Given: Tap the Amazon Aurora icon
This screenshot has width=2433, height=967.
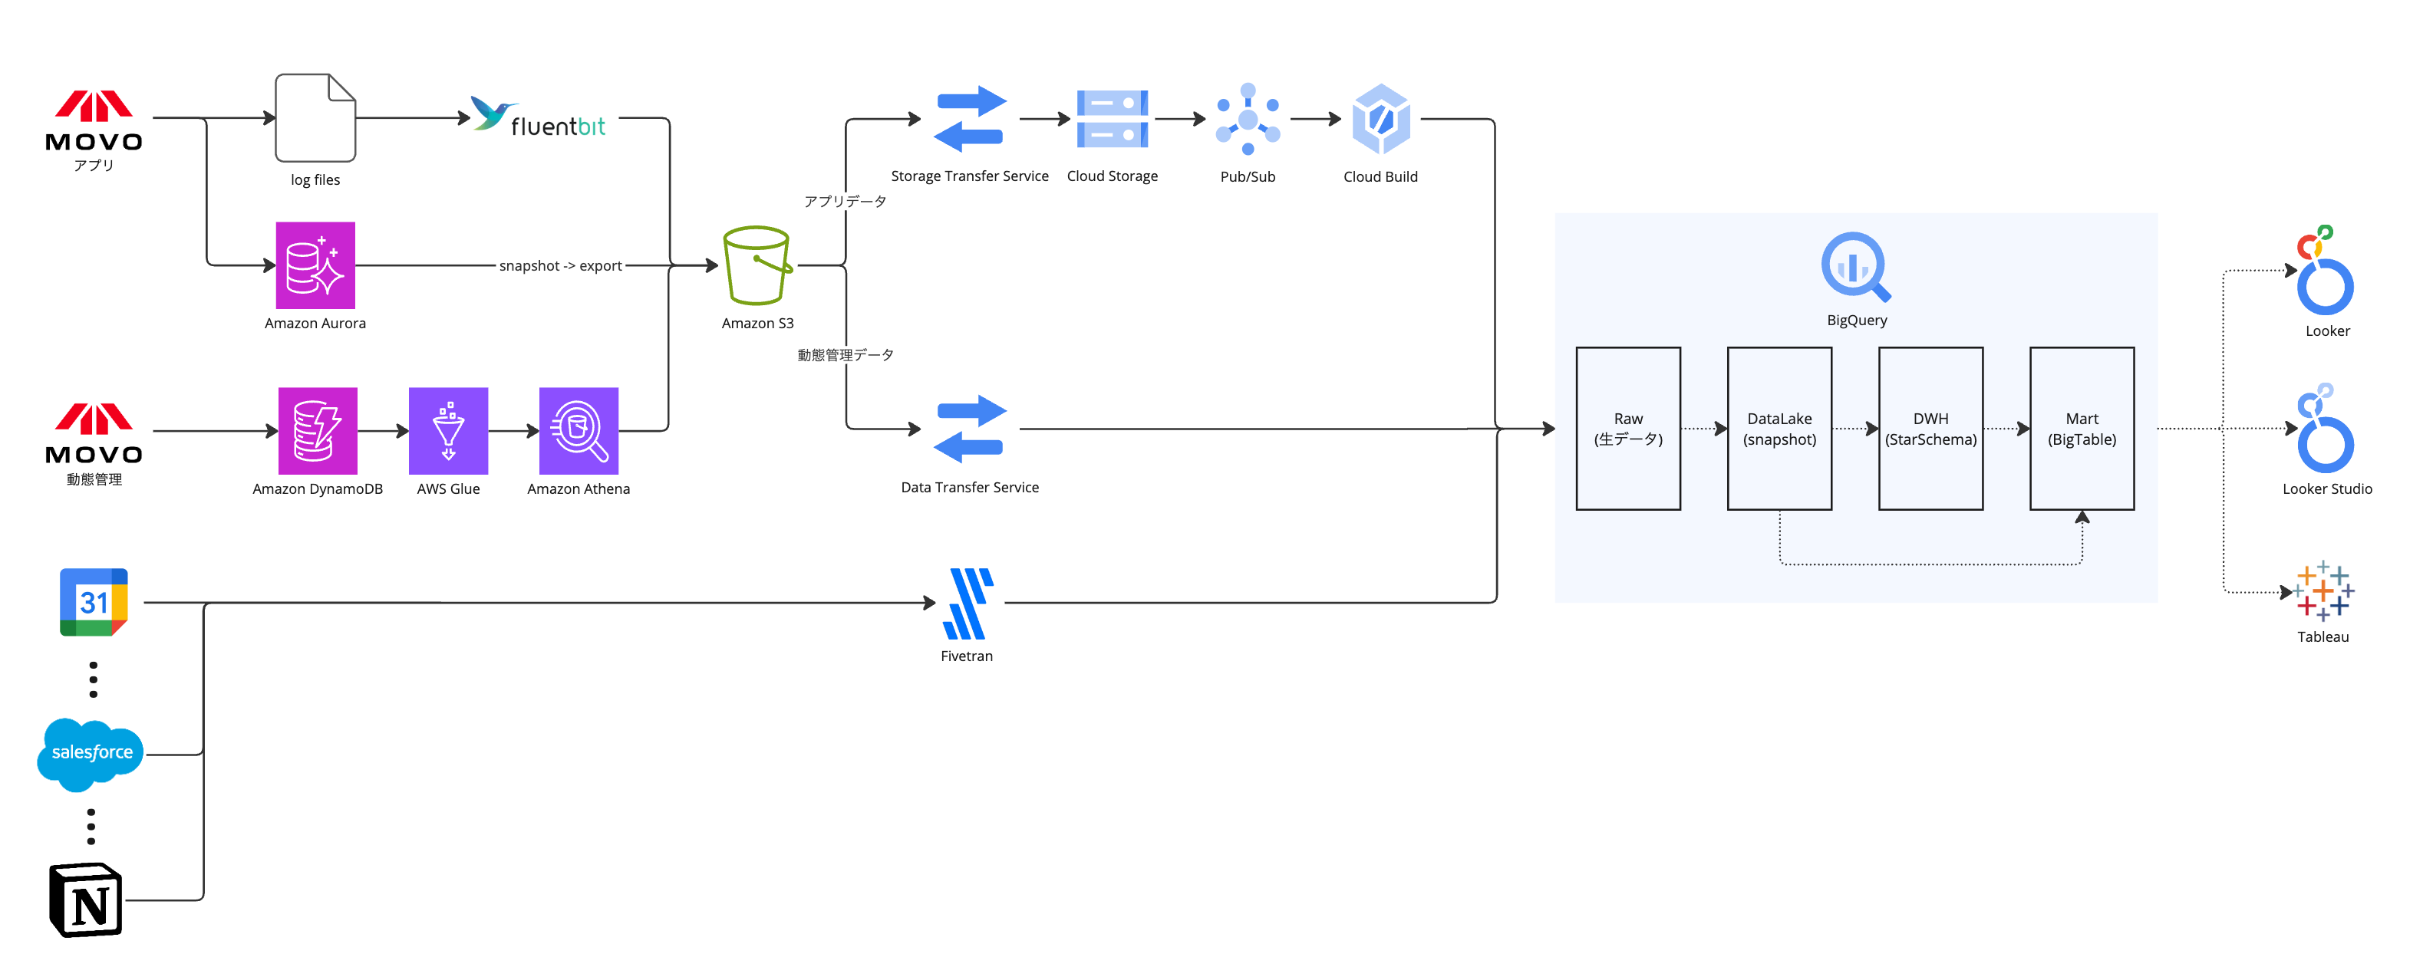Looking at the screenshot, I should coord(315,265).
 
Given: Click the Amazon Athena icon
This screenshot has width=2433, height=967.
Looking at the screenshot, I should coord(578,431).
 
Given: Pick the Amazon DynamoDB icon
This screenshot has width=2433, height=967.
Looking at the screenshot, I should coord(318,431).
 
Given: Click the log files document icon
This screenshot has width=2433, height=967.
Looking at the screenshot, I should coord(315,118).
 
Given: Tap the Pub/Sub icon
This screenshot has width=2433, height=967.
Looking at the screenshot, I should coord(1248,119).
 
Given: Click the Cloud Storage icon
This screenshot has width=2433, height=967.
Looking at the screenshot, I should coord(1113,119).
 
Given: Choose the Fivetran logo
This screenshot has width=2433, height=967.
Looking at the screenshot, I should coord(968,604).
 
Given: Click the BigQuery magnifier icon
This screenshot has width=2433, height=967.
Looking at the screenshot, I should coord(1856,267).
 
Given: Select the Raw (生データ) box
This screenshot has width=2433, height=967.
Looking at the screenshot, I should coord(1628,429).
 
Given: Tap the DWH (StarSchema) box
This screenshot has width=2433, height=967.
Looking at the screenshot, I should coord(1930,429).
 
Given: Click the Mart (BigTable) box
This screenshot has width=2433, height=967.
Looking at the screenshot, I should coord(2082,429).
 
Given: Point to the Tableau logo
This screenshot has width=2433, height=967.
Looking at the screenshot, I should coord(2323,591).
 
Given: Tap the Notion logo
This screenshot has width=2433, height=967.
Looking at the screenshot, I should coord(86,900).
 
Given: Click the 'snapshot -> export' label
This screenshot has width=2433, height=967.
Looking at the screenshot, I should coord(560,266).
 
